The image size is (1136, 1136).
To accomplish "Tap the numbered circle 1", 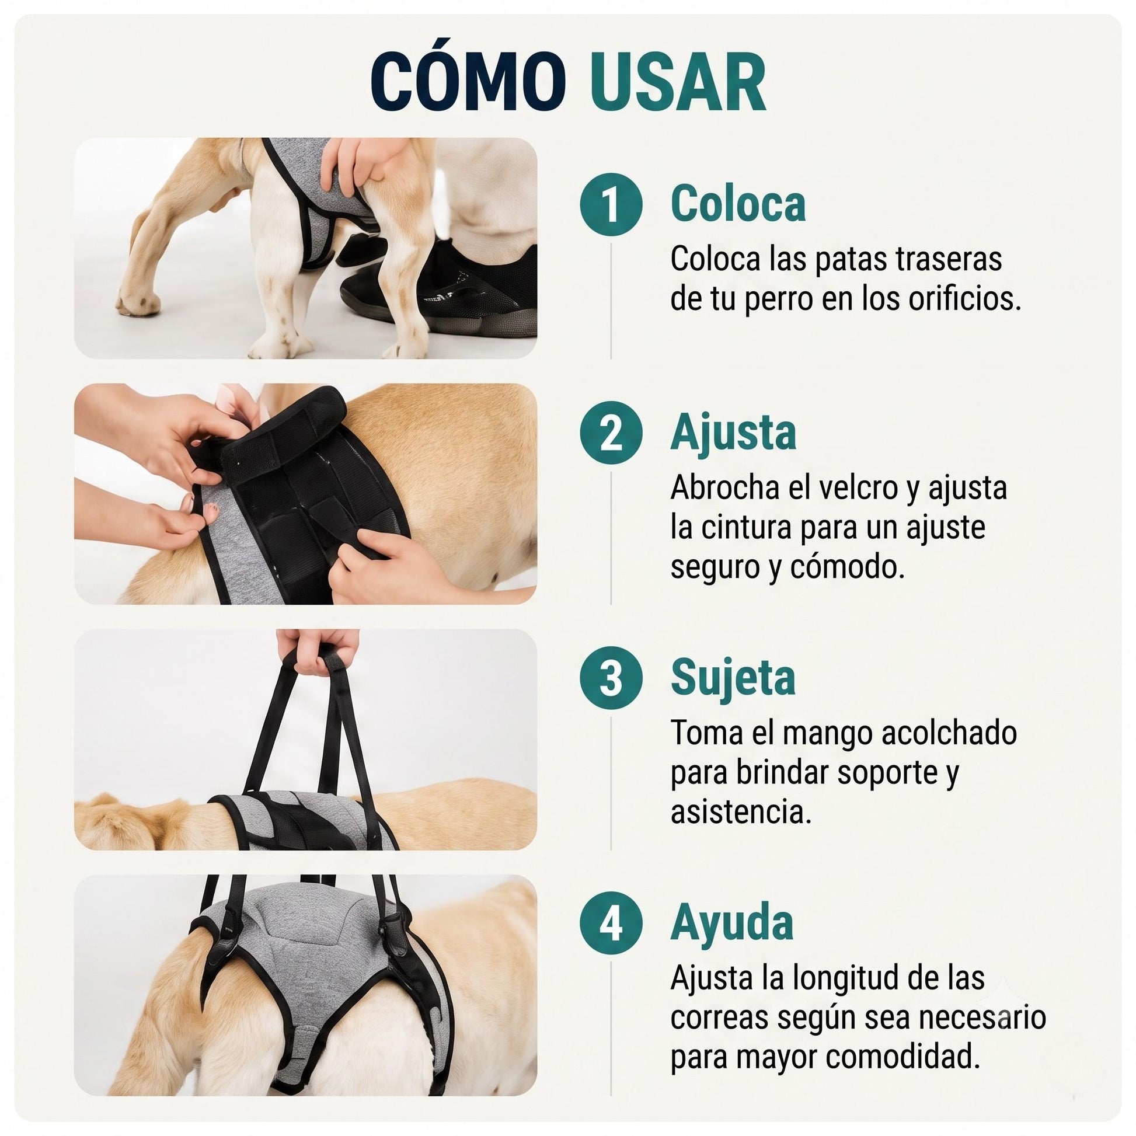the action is pos(612,204).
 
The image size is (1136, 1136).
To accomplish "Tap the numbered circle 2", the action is pos(612,432).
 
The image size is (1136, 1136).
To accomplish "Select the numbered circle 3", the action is pos(612,678).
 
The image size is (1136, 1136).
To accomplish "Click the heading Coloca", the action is pos(738,204).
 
